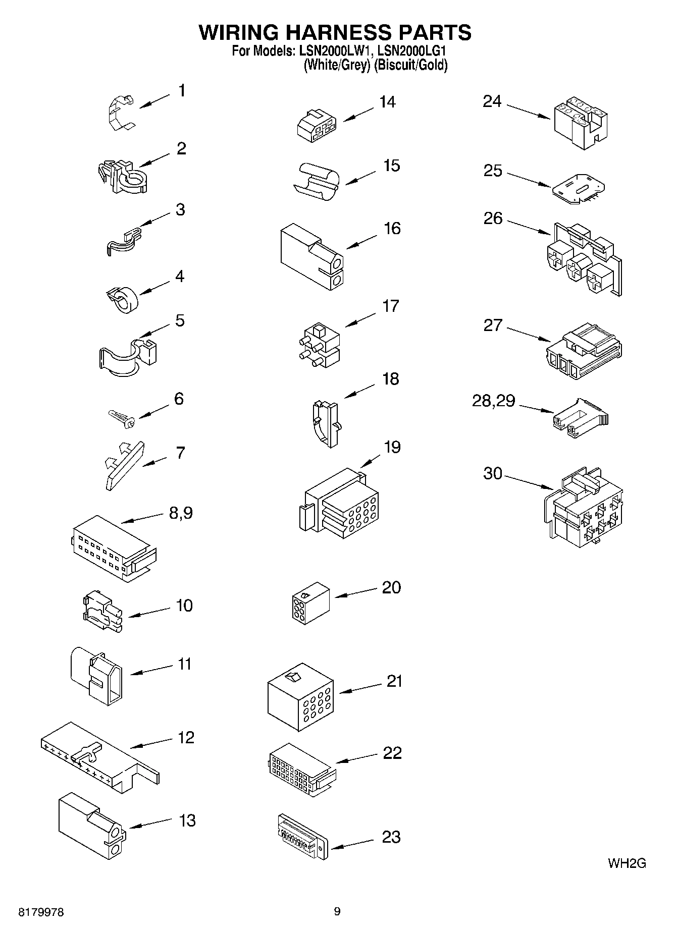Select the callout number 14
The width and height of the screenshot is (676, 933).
click(x=387, y=102)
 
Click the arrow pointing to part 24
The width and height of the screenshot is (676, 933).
click(x=529, y=112)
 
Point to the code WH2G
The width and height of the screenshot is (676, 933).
click(x=627, y=863)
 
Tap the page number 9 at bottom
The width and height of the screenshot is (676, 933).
click(x=337, y=911)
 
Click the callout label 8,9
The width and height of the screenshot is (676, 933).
click(x=180, y=513)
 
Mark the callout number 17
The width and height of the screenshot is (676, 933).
click(x=391, y=306)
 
